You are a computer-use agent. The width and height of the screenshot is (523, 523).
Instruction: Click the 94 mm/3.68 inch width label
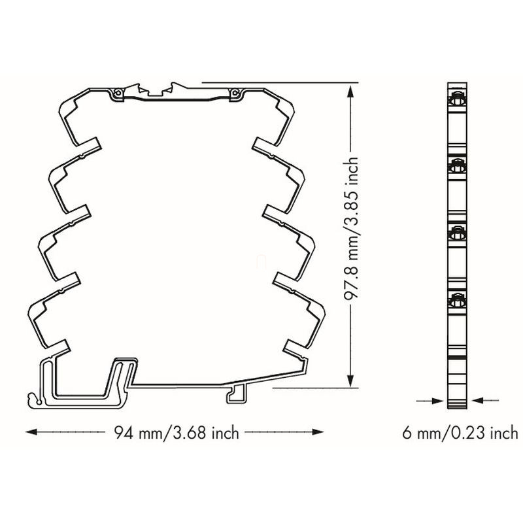(x=177, y=433)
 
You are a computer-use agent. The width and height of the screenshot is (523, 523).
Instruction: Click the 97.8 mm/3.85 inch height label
(x=351, y=229)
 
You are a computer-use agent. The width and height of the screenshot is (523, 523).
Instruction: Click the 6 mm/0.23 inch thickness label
(x=460, y=433)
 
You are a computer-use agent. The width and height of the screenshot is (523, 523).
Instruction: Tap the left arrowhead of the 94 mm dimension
(x=31, y=432)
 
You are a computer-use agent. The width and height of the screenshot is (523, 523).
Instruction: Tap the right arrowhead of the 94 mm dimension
(x=318, y=432)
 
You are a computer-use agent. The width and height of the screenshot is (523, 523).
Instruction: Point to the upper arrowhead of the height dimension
(x=350, y=91)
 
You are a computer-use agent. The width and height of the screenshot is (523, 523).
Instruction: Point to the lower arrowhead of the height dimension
(x=350, y=380)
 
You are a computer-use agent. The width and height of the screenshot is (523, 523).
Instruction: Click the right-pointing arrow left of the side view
(x=430, y=400)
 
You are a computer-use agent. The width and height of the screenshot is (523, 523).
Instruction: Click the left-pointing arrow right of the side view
(x=485, y=400)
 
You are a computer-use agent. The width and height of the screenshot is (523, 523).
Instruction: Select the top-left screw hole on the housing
(x=118, y=93)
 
